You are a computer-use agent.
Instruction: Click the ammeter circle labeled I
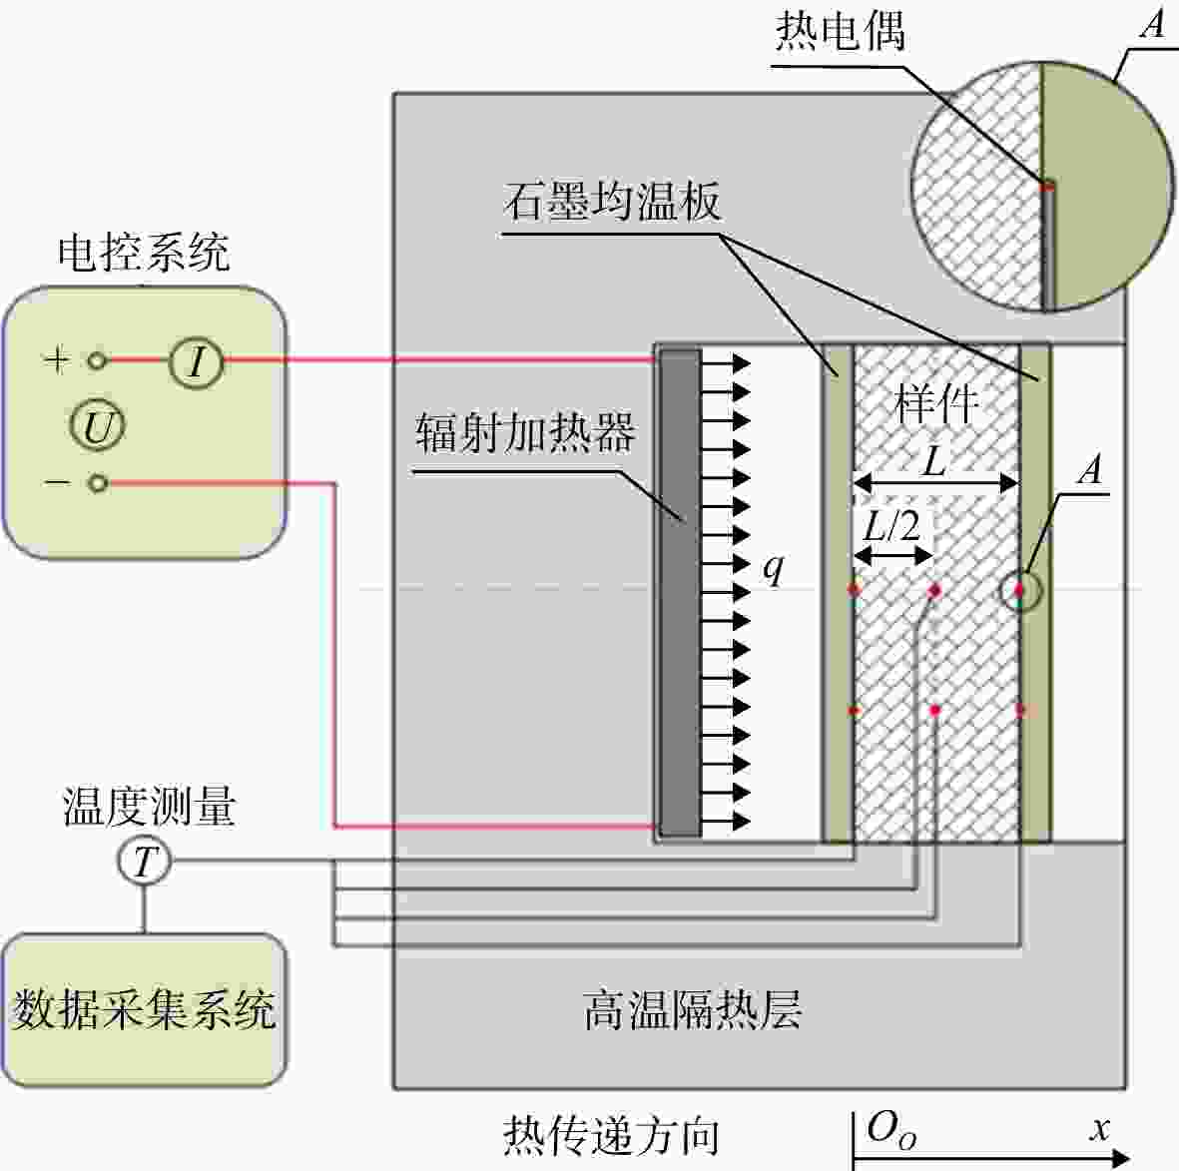tap(197, 361)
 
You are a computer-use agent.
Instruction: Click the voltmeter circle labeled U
tap(98, 425)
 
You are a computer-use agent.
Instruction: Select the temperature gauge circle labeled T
tap(145, 862)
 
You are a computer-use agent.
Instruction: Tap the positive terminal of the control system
tap(97, 361)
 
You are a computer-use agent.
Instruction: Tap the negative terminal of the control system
tap(97, 483)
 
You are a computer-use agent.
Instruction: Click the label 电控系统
tap(144, 252)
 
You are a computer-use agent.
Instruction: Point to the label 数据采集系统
tap(144, 1009)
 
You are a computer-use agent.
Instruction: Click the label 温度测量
tap(148, 807)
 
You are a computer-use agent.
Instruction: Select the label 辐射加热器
tap(525, 432)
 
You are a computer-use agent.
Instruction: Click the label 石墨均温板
tap(613, 201)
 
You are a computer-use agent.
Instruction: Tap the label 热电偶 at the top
tap(841, 32)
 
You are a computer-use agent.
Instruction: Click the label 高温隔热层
tap(693, 1009)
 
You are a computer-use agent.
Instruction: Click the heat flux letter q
tap(773, 568)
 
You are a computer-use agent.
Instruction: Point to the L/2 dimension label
tap(891, 525)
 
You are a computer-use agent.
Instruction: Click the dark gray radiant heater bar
tap(681, 593)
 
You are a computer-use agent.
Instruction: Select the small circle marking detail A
tap(1021, 591)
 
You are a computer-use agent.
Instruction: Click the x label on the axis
tap(1100, 1128)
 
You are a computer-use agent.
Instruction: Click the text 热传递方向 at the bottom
tap(611, 1136)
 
